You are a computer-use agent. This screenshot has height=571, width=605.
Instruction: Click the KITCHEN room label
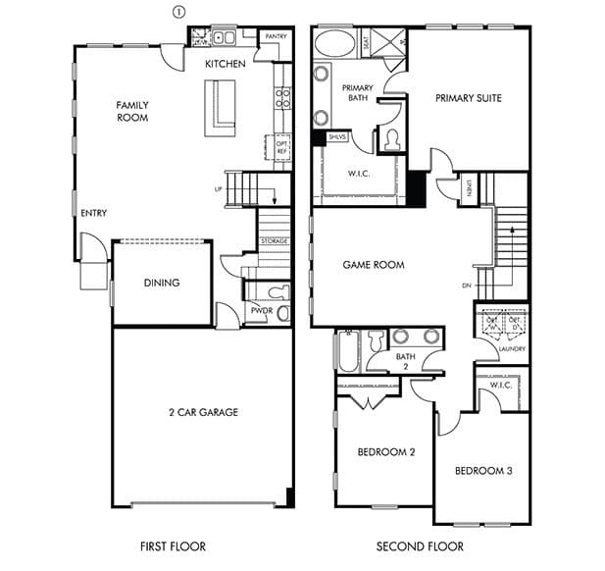click(226, 64)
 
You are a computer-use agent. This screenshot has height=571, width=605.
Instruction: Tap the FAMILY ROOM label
click(132, 111)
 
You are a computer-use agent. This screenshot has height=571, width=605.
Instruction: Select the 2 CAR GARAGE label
click(203, 412)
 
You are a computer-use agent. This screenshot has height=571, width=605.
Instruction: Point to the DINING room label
click(162, 283)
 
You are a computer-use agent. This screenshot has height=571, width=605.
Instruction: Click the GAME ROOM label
click(374, 265)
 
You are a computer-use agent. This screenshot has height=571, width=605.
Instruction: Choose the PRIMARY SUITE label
click(469, 97)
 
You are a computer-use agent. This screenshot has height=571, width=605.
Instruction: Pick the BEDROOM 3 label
click(483, 471)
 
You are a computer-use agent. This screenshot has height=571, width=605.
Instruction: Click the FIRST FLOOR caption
click(173, 546)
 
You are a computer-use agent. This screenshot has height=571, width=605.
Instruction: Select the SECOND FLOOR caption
click(420, 546)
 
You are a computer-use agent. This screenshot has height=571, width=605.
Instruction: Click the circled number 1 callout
click(177, 11)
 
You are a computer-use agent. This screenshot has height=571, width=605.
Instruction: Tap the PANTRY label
click(276, 36)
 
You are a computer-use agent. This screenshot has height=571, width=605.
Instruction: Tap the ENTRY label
click(94, 213)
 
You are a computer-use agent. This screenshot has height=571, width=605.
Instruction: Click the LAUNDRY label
click(511, 348)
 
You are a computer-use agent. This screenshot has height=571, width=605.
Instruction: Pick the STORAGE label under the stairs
click(274, 240)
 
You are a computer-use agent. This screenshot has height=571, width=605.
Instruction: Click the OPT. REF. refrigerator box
click(280, 147)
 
